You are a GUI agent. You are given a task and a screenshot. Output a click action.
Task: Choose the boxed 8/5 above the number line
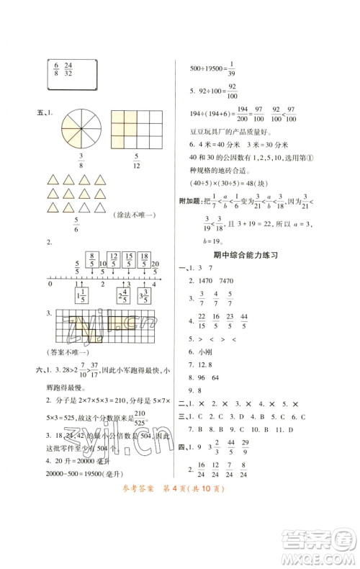91,259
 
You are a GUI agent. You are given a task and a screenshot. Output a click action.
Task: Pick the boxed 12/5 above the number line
113,259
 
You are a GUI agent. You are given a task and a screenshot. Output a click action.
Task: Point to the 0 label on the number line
50,285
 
